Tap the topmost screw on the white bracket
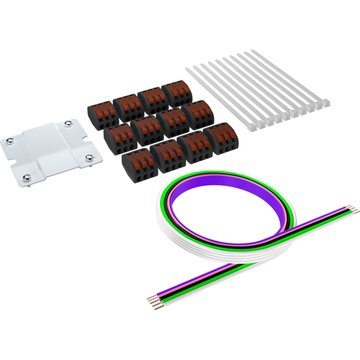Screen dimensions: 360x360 [x=68, y=124]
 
